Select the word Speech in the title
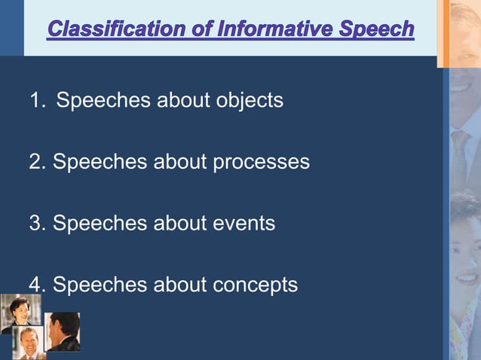click(x=376, y=29)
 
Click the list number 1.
click(x=35, y=100)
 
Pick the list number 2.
click(x=35, y=162)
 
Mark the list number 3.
click(x=35, y=224)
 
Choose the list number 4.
click(x=35, y=285)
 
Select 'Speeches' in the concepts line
click(x=100, y=285)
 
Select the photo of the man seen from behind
click(x=63, y=331)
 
